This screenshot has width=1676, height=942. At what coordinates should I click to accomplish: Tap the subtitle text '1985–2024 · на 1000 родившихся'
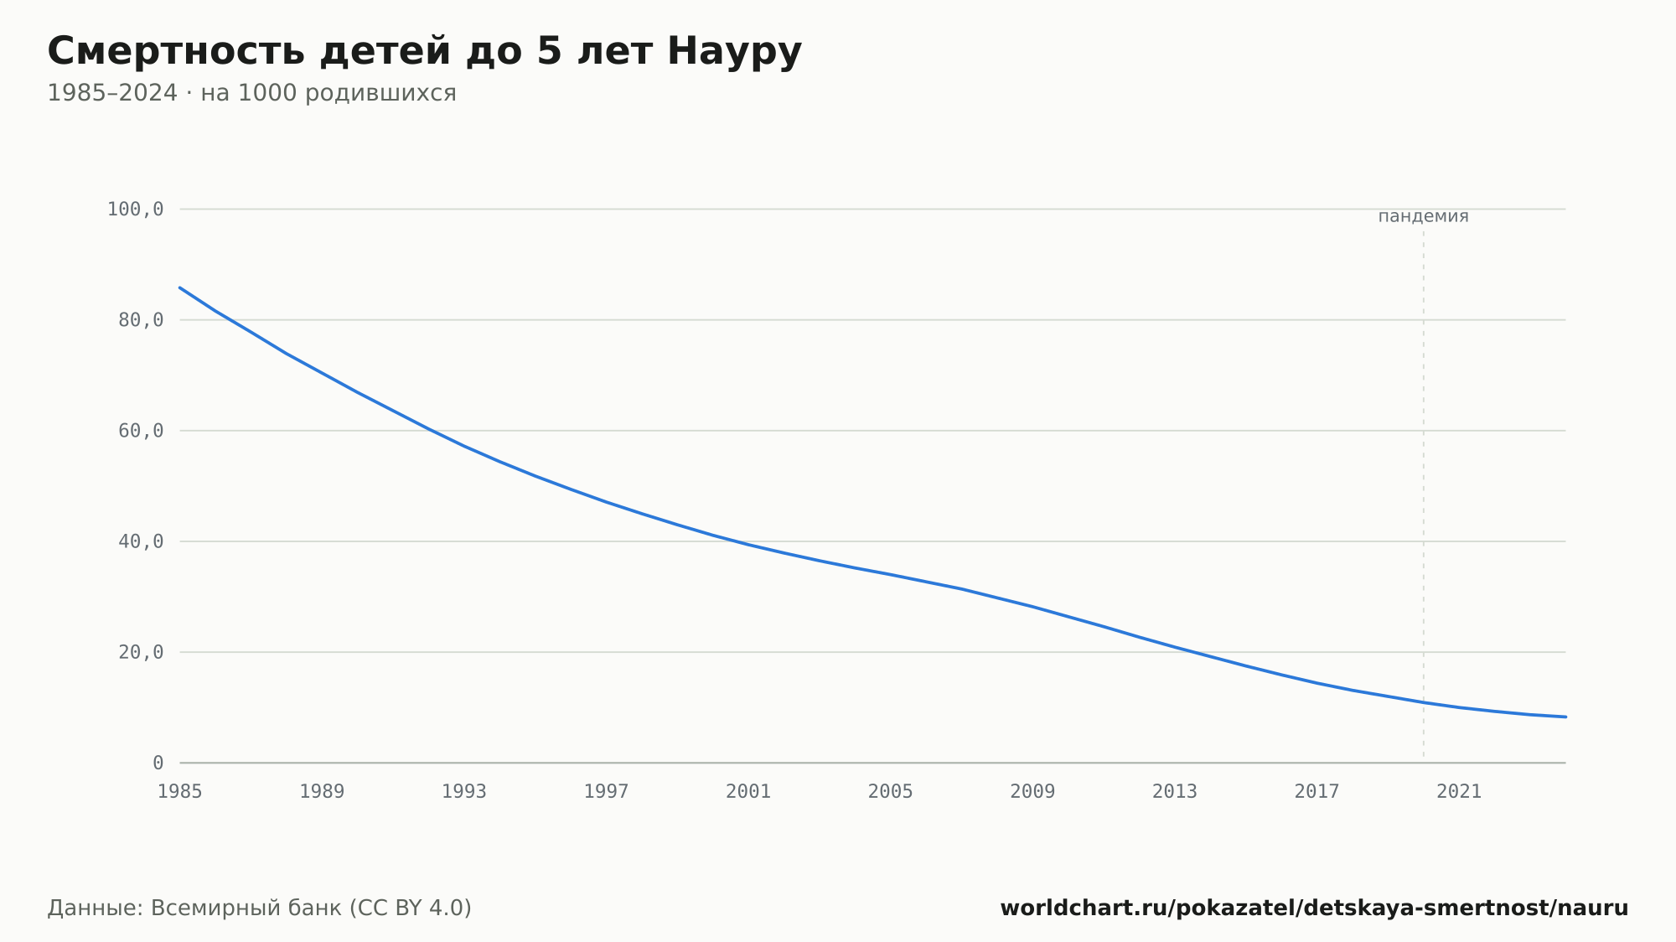tap(251, 93)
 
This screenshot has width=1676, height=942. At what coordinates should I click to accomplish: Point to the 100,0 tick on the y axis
tap(135, 210)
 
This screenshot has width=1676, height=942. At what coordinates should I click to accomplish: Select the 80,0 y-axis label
tap(141, 320)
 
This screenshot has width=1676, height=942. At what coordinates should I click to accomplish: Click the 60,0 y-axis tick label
tap(141, 431)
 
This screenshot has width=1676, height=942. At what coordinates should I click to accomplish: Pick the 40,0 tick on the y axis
tap(141, 541)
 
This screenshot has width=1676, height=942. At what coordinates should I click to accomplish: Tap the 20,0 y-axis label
tap(141, 652)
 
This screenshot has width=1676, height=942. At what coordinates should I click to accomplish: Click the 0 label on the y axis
tap(158, 763)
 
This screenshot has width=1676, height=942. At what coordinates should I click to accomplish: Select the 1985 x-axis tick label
tap(180, 792)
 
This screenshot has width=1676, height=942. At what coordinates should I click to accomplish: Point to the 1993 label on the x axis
tap(464, 792)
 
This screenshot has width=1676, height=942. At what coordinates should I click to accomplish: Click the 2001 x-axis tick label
tap(748, 792)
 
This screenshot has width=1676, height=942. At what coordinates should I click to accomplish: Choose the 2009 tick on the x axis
tap(1032, 792)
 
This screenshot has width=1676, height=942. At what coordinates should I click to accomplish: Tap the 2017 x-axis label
tap(1316, 792)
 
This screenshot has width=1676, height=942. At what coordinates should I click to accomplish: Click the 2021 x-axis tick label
tap(1459, 792)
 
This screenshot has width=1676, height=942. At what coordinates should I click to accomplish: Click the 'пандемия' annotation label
tap(1423, 216)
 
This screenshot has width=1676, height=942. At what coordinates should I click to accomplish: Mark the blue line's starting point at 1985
tap(180, 287)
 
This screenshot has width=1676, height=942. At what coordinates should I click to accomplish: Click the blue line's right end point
tap(1565, 717)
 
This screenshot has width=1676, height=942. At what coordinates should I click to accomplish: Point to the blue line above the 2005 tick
tap(891, 575)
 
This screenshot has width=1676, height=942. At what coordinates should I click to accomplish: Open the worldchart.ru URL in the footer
tap(1314, 908)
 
